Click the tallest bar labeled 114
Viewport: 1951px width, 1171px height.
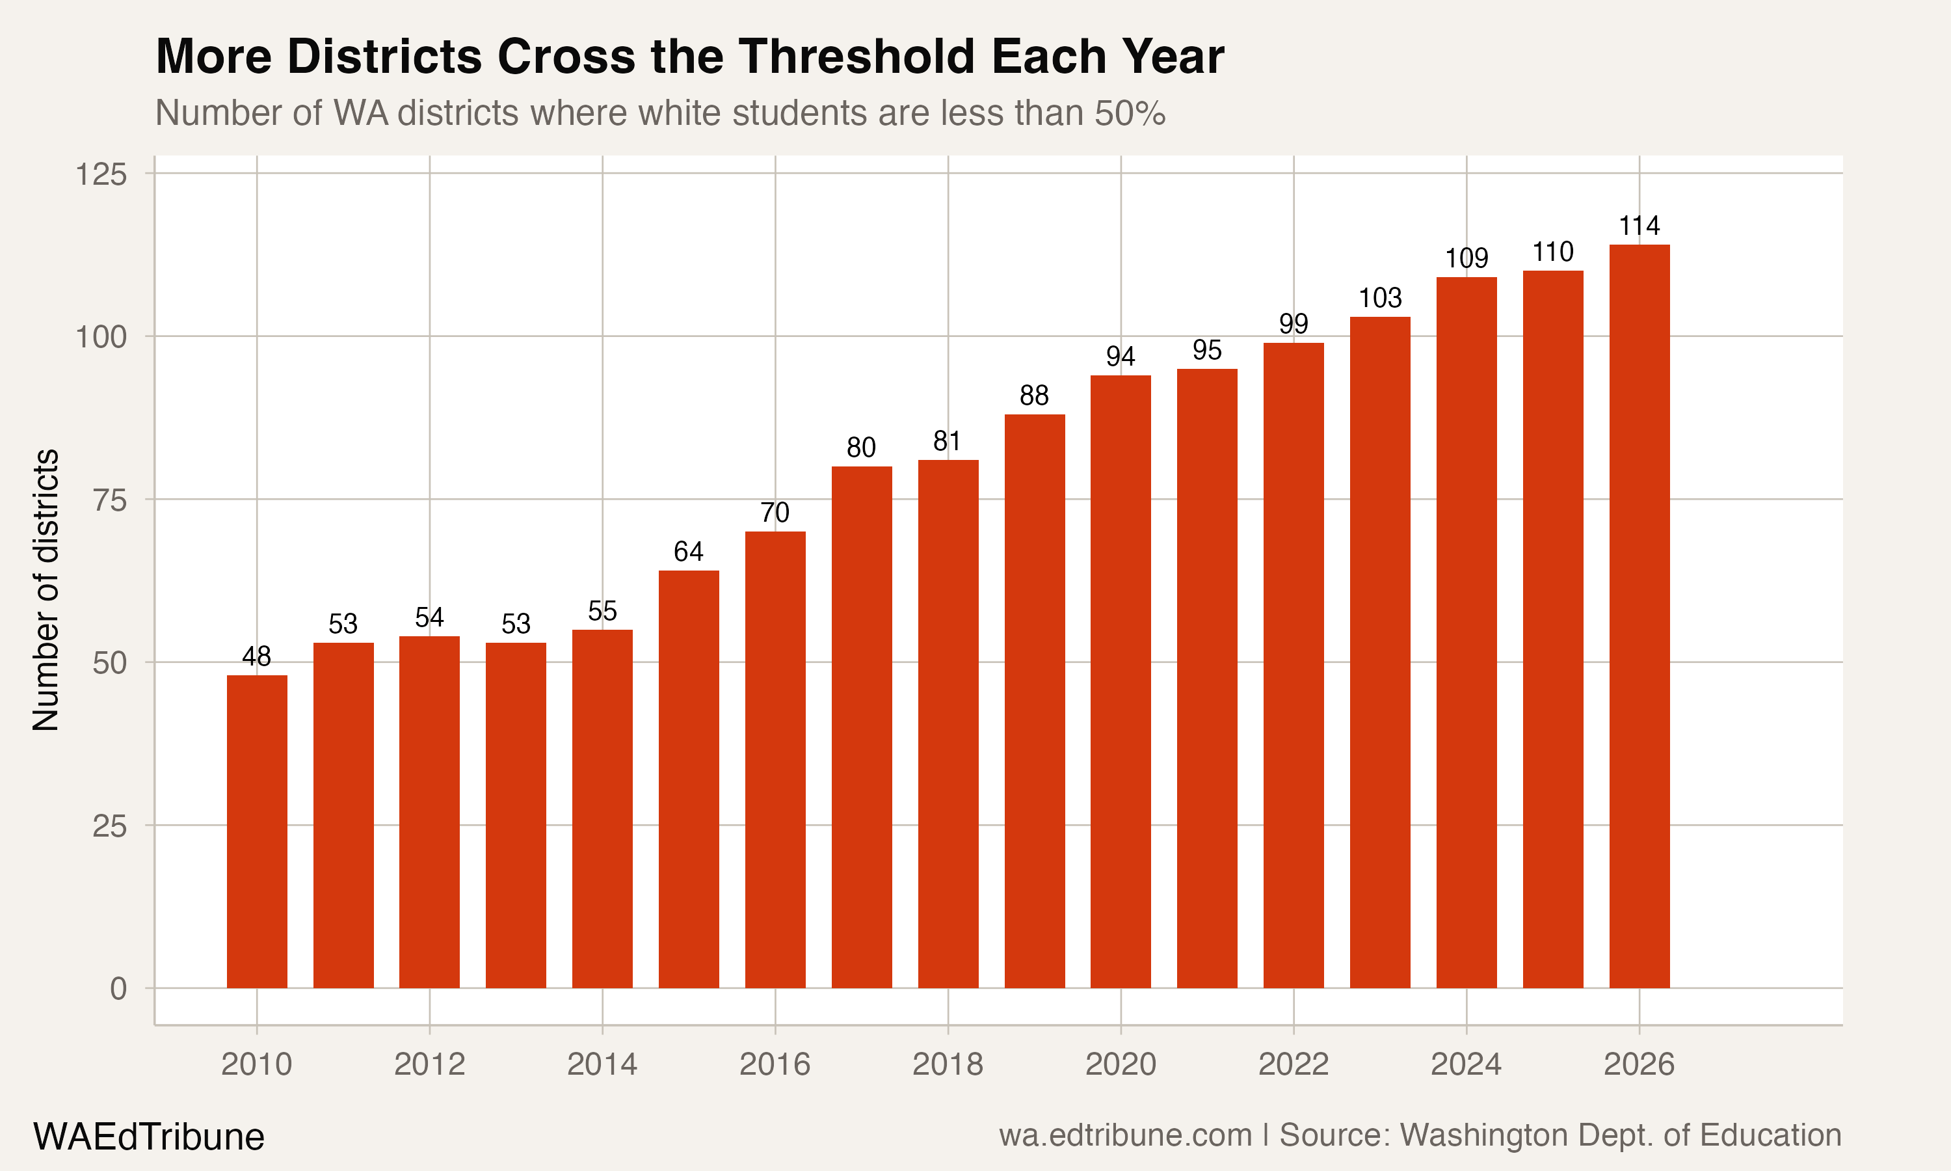click(1639, 615)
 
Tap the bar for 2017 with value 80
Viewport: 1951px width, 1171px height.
click(862, 726)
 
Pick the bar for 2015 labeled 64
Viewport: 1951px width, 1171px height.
click(689, 778)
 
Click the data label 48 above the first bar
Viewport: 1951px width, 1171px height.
click(256, 656)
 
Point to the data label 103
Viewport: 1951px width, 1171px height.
click(1380, 298)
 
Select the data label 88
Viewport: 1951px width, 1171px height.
click(1034, 396)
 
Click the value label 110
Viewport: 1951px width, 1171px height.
click(1553, 252)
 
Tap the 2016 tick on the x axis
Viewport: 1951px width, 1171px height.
click(775, 1064)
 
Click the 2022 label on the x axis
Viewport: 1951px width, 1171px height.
click(1294, 1064)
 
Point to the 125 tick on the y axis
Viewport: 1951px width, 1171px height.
click(101, 174)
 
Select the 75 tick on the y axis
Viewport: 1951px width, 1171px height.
click(110, 500)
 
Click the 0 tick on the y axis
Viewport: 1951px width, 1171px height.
click(118, 989)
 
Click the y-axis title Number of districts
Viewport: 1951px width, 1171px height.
click(46, 589)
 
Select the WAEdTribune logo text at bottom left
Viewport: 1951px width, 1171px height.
click(148, 1137)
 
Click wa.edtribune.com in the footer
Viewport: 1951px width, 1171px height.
click(1124, 1135)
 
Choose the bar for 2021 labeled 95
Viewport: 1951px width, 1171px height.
click(1206, 678)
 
